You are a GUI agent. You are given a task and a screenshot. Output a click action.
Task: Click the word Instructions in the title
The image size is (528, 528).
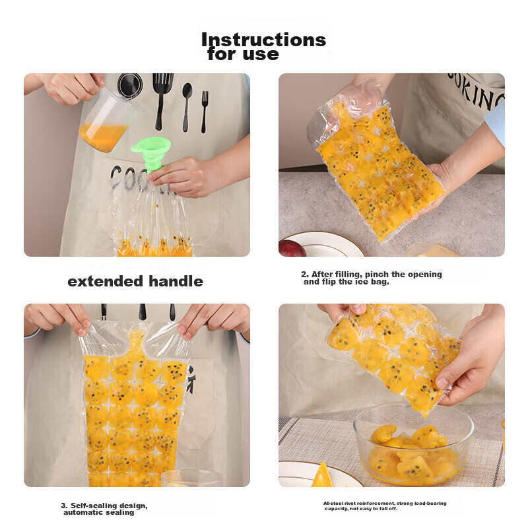[x=263, y=40]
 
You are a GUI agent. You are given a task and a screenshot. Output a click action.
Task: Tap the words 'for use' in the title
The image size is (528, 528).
[x=243, y=54]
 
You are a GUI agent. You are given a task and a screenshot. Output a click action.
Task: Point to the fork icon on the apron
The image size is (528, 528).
[x=205, y=111]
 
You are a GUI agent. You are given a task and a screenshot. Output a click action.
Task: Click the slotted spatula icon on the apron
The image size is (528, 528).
[x=162, y=99]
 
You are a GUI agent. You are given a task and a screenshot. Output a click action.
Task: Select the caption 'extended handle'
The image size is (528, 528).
[x=135, y=282]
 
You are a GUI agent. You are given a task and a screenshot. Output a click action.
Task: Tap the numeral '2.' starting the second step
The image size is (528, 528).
[x=305, y=275]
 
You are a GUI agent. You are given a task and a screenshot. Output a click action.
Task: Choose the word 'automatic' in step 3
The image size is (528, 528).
[x=83, y=512]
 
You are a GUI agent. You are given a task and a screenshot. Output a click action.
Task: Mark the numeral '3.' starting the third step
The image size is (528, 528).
[x=64, y=506]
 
